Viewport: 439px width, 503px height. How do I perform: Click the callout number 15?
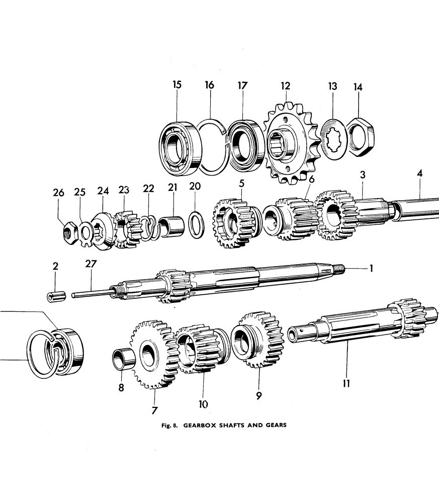[177, 85]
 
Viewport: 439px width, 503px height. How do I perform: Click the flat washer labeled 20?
[196, 222]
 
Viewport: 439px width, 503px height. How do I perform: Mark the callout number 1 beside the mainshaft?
[371, 269]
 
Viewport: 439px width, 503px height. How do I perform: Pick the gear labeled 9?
[257, 340]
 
